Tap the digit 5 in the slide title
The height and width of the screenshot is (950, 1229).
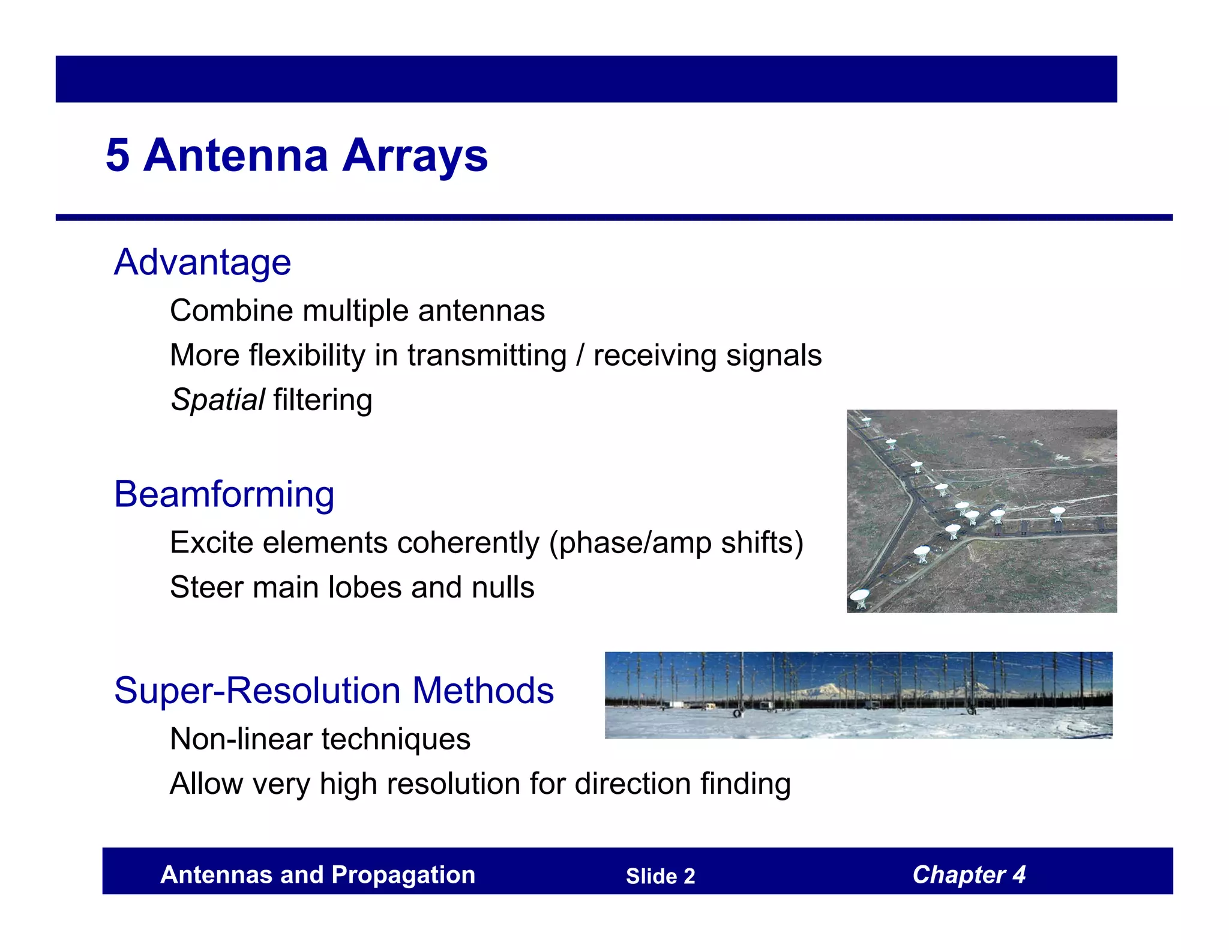[118, 156]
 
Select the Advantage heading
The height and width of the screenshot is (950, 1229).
[202, 262]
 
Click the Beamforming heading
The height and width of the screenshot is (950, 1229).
[224, 494]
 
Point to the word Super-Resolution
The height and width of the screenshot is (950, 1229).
[257, 691]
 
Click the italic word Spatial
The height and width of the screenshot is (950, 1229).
[217, 400]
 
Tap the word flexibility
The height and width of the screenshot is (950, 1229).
[306, 355]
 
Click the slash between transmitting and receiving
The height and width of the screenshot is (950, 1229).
[580, 355]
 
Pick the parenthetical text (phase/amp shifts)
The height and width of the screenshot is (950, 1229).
[676, 543]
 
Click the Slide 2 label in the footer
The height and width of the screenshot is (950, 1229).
[660, 876]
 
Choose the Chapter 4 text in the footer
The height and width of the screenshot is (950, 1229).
[969, 875]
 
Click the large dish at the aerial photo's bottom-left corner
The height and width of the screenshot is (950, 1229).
[860, 598]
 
